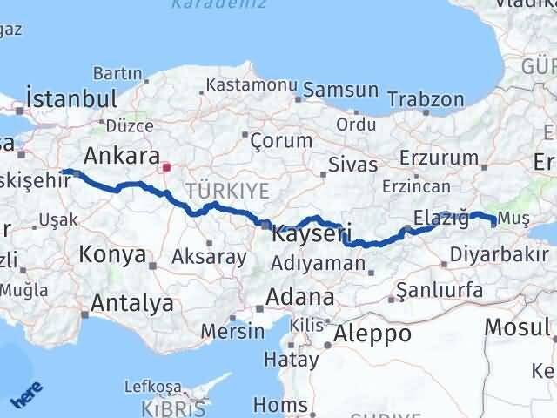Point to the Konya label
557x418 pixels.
112,255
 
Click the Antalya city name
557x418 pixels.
131,304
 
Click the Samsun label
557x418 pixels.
339,90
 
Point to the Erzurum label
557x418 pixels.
440,158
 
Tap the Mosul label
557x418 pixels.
517,326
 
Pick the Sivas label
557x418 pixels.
353,165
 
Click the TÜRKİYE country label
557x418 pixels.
224,187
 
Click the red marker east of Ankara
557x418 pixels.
166,164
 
